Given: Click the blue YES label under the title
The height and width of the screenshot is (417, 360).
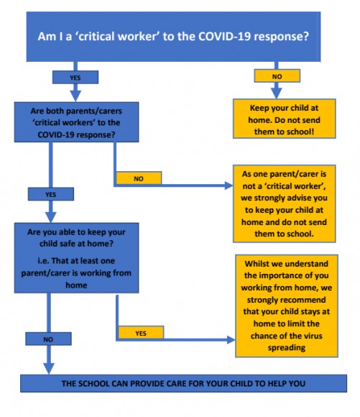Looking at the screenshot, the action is [75, 77].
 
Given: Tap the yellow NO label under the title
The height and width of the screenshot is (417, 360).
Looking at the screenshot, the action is [277, 76].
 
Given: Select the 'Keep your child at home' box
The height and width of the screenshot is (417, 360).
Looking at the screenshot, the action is [285, 119].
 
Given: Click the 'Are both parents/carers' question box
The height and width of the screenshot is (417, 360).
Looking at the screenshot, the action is [77, 122].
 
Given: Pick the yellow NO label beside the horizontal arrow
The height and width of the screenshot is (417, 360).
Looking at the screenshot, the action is [139, 178].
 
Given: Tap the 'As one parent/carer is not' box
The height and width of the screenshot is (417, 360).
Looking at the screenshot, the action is [285, 203].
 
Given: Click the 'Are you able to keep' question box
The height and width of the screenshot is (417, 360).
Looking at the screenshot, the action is [77, 258].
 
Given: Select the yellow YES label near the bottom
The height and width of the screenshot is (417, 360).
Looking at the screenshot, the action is [141, 333].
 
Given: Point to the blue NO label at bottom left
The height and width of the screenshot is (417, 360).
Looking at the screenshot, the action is [48, 339].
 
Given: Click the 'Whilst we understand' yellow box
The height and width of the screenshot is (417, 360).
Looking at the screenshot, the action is [287, 306].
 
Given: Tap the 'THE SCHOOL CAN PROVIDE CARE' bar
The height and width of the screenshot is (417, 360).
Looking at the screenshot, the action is [183, 383].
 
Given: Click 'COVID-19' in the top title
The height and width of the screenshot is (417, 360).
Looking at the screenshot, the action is [224, 36].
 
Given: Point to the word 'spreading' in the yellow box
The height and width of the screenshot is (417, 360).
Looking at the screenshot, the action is [287, 348].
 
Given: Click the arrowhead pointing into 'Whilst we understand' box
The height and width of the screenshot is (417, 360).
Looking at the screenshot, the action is [231, 339].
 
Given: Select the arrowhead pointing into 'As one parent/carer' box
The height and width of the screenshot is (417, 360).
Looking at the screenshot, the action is [229, 185].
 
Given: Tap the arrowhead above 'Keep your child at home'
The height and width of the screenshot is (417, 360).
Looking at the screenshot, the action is [277, 93].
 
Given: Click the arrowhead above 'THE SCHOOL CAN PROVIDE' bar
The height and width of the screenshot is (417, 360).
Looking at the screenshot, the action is [49, 369].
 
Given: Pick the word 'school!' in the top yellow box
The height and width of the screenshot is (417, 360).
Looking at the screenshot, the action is [299, 132].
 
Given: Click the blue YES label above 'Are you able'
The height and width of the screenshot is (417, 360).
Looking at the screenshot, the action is [51, 194].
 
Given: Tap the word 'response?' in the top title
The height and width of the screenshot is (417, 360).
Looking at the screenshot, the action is [281, 37].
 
